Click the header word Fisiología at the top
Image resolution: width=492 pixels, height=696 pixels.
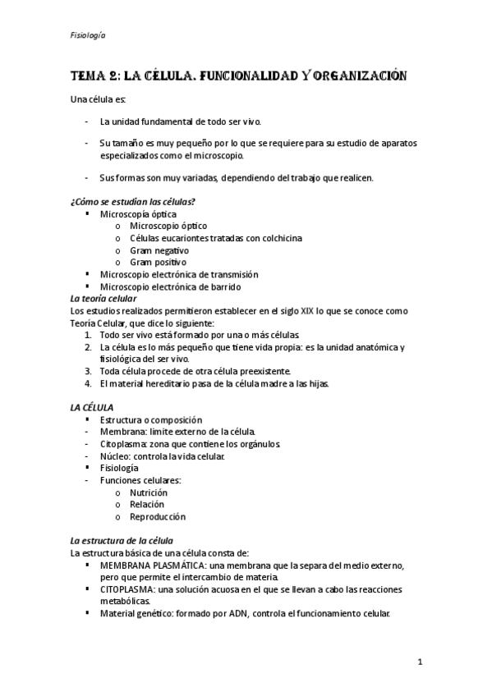coord(88,35)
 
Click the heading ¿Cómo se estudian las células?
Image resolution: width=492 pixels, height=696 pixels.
coord(132,202)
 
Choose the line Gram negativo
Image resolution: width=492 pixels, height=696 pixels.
coord(159,250)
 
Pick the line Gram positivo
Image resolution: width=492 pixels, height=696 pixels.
coord(158,262)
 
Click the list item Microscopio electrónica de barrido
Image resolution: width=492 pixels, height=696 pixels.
coord(170,286)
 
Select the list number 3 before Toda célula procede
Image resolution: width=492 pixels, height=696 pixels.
coord(88,371)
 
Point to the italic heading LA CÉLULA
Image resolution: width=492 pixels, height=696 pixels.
coord(92,407)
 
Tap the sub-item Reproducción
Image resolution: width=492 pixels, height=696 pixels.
coord(158,517)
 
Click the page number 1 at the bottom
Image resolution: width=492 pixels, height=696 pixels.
coord(419,662)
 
